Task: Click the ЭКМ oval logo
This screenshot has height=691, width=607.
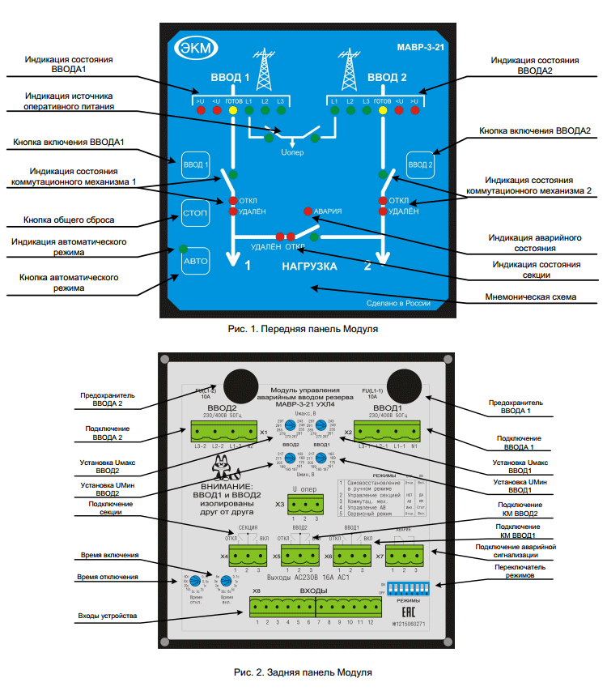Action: pos(194,49)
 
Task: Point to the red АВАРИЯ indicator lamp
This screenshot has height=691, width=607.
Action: pos(308,211)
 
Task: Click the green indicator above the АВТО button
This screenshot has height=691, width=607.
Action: pos(184,248)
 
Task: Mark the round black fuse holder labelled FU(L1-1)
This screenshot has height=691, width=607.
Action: pos(401,382)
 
